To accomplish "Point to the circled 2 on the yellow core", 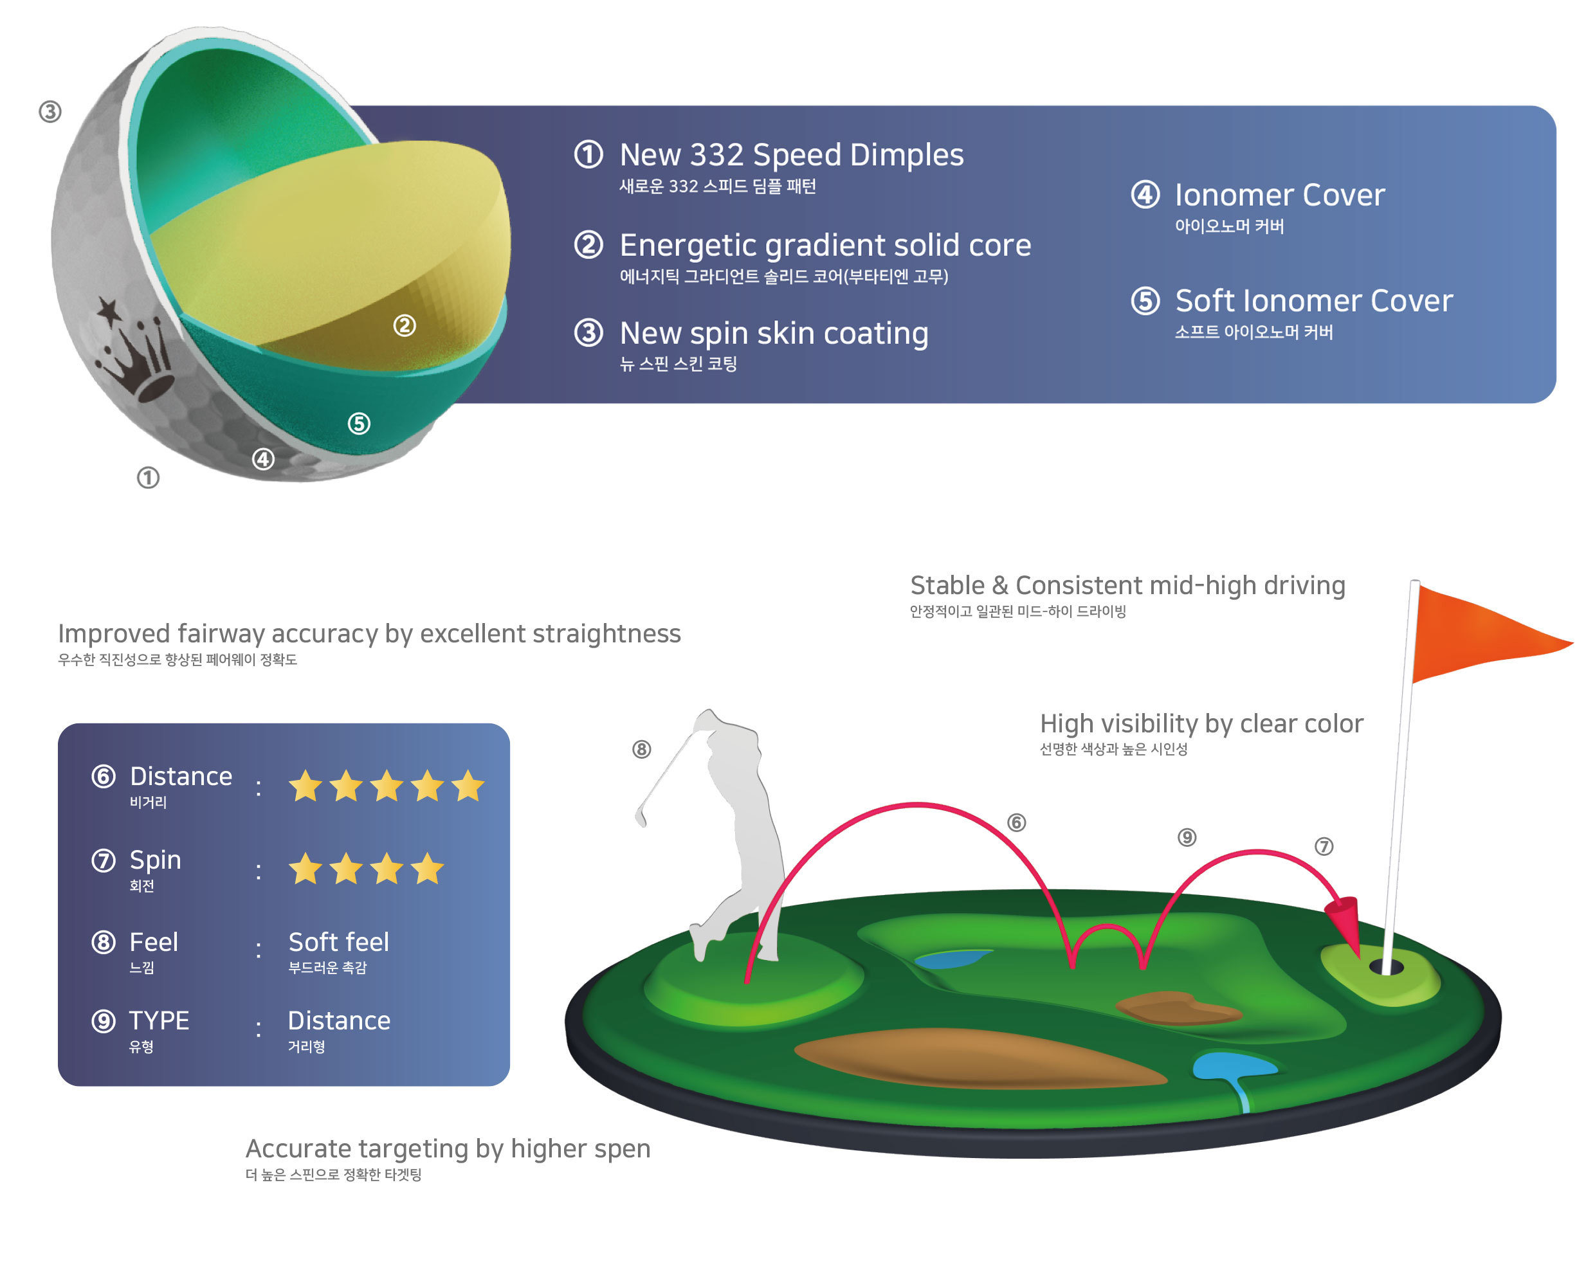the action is [405, 325].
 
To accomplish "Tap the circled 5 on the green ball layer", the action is [360, 424].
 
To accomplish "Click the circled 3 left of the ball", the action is [50, 112].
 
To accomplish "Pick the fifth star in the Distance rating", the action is [468, 785].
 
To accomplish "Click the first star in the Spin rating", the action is [305, 868].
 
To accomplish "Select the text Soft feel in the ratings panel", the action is [338, 942].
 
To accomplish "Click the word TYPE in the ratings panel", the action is [159, 1021].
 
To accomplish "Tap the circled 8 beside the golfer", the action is [642, 749].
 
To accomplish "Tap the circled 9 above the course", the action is [1187, 837].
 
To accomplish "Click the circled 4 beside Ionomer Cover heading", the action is [1145, 194].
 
